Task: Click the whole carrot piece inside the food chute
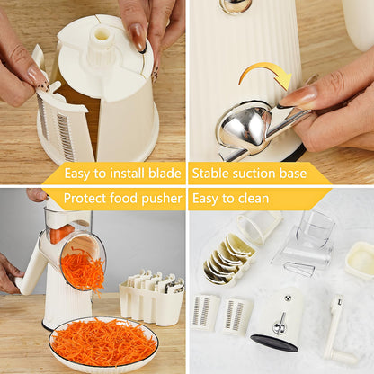coord(61,233)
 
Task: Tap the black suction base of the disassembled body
coord(277,343)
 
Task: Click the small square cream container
coord(360,260)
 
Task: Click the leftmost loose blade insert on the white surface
coord(206,312)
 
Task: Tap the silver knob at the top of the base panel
coord(237,5)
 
